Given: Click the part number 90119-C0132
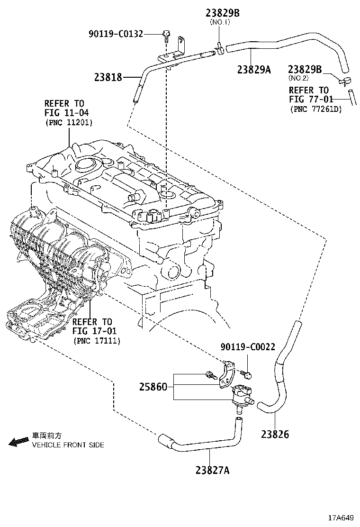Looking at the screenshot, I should pos(116,34).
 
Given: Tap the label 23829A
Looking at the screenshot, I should pos(254,70).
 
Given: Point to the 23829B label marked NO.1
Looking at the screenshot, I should pos(222,13).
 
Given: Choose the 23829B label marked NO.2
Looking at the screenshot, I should pos(305,70).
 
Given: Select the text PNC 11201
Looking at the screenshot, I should pos(69,123).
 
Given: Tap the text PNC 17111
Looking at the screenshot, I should pos(97,341).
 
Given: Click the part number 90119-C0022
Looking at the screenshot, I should pos(247,347).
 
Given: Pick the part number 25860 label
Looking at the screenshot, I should pos(153,387).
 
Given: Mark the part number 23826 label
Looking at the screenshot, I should pos(275,434).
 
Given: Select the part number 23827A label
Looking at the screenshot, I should pos(212,470).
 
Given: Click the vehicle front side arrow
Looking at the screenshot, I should pos(18,441).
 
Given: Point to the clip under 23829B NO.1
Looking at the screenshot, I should pos(219,46).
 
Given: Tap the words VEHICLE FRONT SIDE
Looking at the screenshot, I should pos(67,445).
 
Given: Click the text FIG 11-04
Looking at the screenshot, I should pos(66,113).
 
